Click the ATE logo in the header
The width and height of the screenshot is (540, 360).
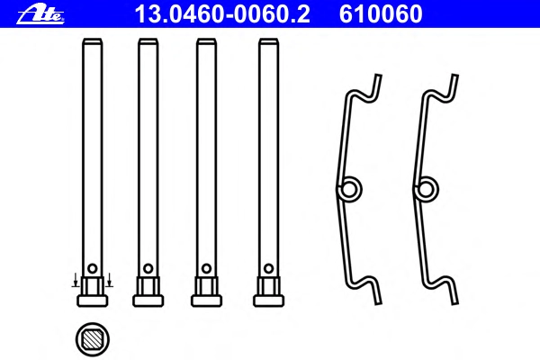[x=40, y=14]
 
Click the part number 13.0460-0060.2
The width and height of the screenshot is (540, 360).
[x=222, y=14]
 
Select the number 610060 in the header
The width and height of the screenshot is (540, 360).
[x=381, y=14]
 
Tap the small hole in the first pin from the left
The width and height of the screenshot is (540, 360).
[x=93, y=268]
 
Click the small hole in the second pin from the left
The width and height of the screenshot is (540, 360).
[x=148, y=268]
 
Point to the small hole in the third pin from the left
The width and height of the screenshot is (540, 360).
[x=207, y=268]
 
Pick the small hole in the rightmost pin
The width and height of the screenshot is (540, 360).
[x=268, y=268]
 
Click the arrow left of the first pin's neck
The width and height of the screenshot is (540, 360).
[x=76, y=280]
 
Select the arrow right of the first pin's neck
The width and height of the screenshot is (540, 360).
[x=109, y=280]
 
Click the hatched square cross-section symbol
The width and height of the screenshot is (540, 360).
[x=93, y=339]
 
